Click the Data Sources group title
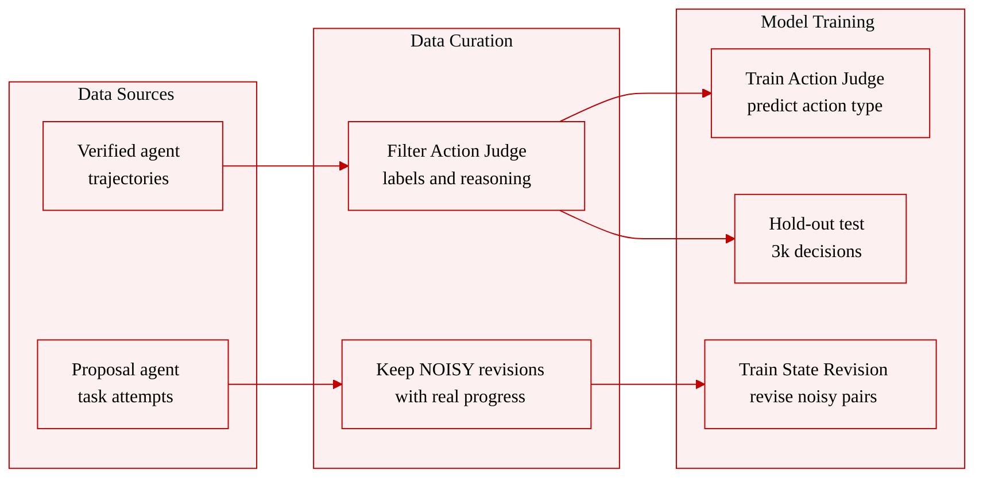(x=126, y=94)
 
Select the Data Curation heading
(x=461, y=41)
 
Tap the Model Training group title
(x=817, y=22)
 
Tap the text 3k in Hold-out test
(x=781, y=252)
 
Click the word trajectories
(x=128, y=179)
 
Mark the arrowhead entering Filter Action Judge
(x=344, y=166)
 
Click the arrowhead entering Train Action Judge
(x=707, y=94)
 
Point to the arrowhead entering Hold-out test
(x=730, y=239)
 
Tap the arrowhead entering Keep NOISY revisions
(x=338, y=384)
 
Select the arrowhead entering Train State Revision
(x=701, y=384)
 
